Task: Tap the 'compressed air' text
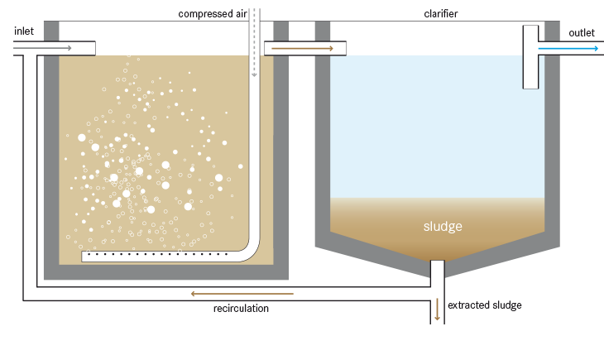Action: coord(212,14)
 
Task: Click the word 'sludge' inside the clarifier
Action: coord(442,226)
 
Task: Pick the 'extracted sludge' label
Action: coord(485,305)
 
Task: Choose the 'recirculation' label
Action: coord(241,308)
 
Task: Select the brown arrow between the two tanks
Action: coord(302,49)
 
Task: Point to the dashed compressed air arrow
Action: coord(254,41)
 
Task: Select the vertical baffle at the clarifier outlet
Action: coord(530,56)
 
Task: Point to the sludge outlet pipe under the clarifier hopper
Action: coord(438,273)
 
